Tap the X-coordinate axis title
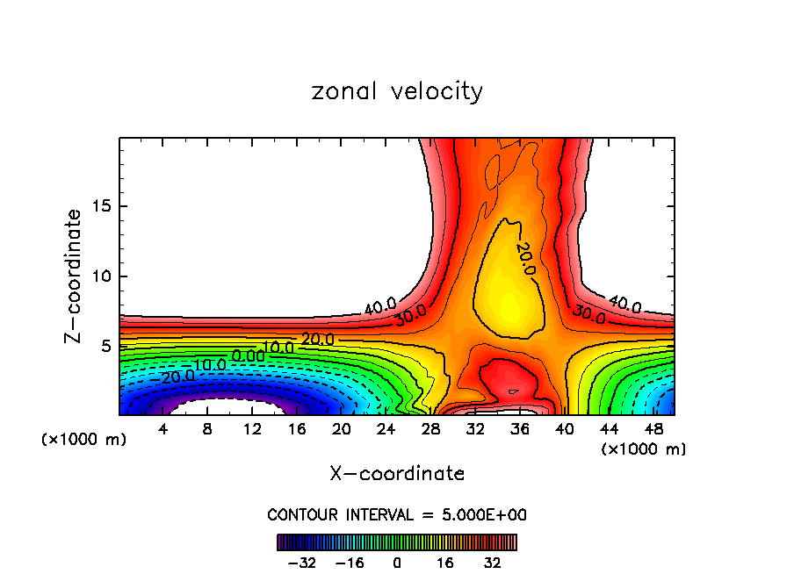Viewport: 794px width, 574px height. point(397,474)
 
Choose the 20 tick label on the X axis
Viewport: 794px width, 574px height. point(341,430)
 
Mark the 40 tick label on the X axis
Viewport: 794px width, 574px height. point(564,430)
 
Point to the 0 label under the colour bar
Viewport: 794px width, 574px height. point(397,563)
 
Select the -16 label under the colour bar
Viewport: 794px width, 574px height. point(350,563)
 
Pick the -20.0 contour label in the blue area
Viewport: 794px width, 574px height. point(177,376)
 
